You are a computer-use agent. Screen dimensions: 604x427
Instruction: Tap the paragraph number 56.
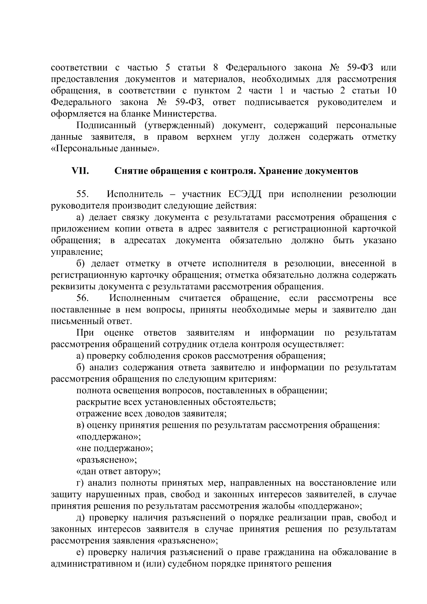pos(83,298)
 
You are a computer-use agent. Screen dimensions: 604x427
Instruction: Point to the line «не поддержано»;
pos(115,448)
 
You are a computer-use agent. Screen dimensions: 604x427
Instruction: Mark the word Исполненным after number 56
pos(139,298)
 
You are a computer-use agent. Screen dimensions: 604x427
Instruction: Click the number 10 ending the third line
pos(391,91)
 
